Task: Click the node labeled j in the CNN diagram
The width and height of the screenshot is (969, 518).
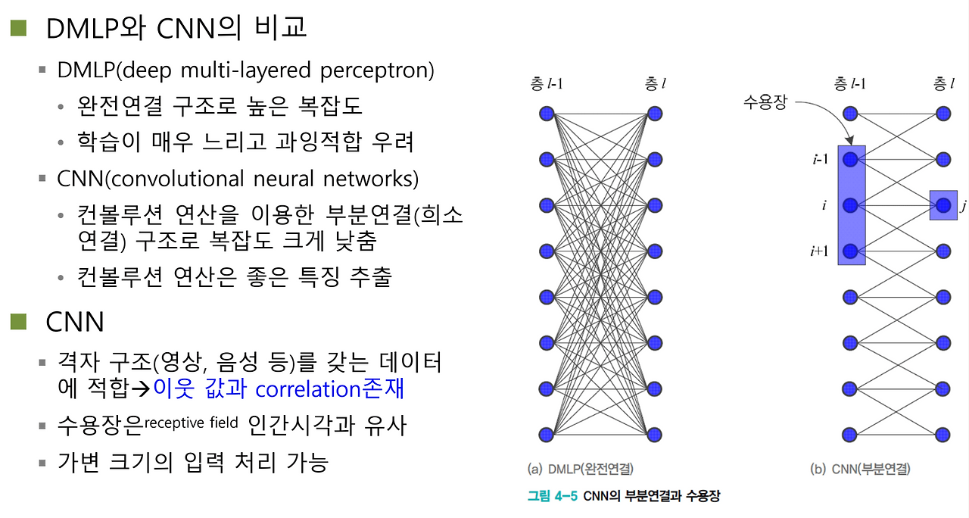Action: click(x=943, y=205)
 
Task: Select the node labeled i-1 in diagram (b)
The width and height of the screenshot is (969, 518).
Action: click(x=850, y=160)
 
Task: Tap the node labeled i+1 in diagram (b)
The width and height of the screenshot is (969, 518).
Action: click(x=850, y=251)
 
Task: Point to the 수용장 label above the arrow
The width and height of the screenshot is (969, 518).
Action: click(x=765, y=101)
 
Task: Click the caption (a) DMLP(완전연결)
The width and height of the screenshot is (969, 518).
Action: click(x=581, y=469)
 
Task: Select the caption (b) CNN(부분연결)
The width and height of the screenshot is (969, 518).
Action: click(x=860, y=469)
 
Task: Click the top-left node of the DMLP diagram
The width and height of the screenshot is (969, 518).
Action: click(x=547, y=114)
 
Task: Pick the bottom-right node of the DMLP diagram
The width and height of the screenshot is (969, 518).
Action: click(x=655, y=435)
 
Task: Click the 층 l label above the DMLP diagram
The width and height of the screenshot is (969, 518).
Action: click(x=656, y=83)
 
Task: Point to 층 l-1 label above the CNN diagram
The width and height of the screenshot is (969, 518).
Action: click(x=849, y=83)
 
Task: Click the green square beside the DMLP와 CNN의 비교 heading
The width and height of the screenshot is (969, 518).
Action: click(x=18, y=29)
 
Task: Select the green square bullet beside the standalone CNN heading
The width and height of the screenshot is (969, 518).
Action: click(x=18, y=322)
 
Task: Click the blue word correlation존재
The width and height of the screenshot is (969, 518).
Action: click(x=329, y=388)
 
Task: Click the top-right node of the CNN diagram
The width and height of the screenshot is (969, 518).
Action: click(x=943, y=114)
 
